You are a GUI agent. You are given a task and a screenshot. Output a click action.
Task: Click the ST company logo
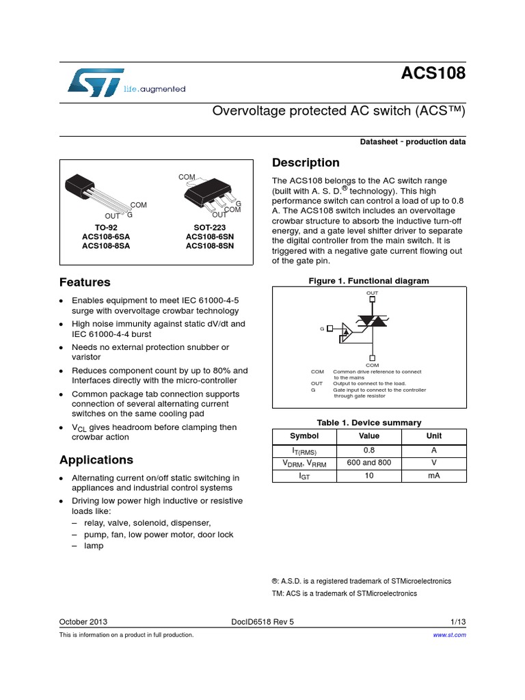tap(96, 81)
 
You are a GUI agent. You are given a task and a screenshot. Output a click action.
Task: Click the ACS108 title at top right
tap(433, 73)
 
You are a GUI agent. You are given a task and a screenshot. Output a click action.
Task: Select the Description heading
tap(306, 163)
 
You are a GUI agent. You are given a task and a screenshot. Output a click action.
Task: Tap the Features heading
tap(85, 282)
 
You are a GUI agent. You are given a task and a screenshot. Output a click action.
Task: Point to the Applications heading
tap(96, 460)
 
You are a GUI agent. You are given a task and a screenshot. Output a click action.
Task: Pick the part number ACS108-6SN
tap(209, 237)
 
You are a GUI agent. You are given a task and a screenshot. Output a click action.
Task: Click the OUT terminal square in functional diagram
tap(372, 301)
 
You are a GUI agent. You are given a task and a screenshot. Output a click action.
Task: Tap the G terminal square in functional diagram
tap(329, 328)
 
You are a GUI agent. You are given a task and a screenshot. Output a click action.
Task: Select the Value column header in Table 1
tap(368, 435)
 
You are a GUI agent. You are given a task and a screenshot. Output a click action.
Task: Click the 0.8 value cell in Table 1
tap(368, 450)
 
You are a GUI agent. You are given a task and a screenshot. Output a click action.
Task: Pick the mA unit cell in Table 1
tap(433, 475)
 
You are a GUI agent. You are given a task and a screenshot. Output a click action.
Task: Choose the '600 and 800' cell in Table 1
tap(368, 463)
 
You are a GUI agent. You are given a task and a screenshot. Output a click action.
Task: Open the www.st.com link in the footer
tap(450, 635)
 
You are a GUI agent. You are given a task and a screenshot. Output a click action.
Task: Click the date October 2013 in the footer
tap(83, 622)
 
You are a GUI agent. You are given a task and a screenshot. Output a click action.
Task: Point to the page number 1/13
tap(458, 622)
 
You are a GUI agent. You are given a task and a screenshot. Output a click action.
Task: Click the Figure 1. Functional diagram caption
tap(368, 281)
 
